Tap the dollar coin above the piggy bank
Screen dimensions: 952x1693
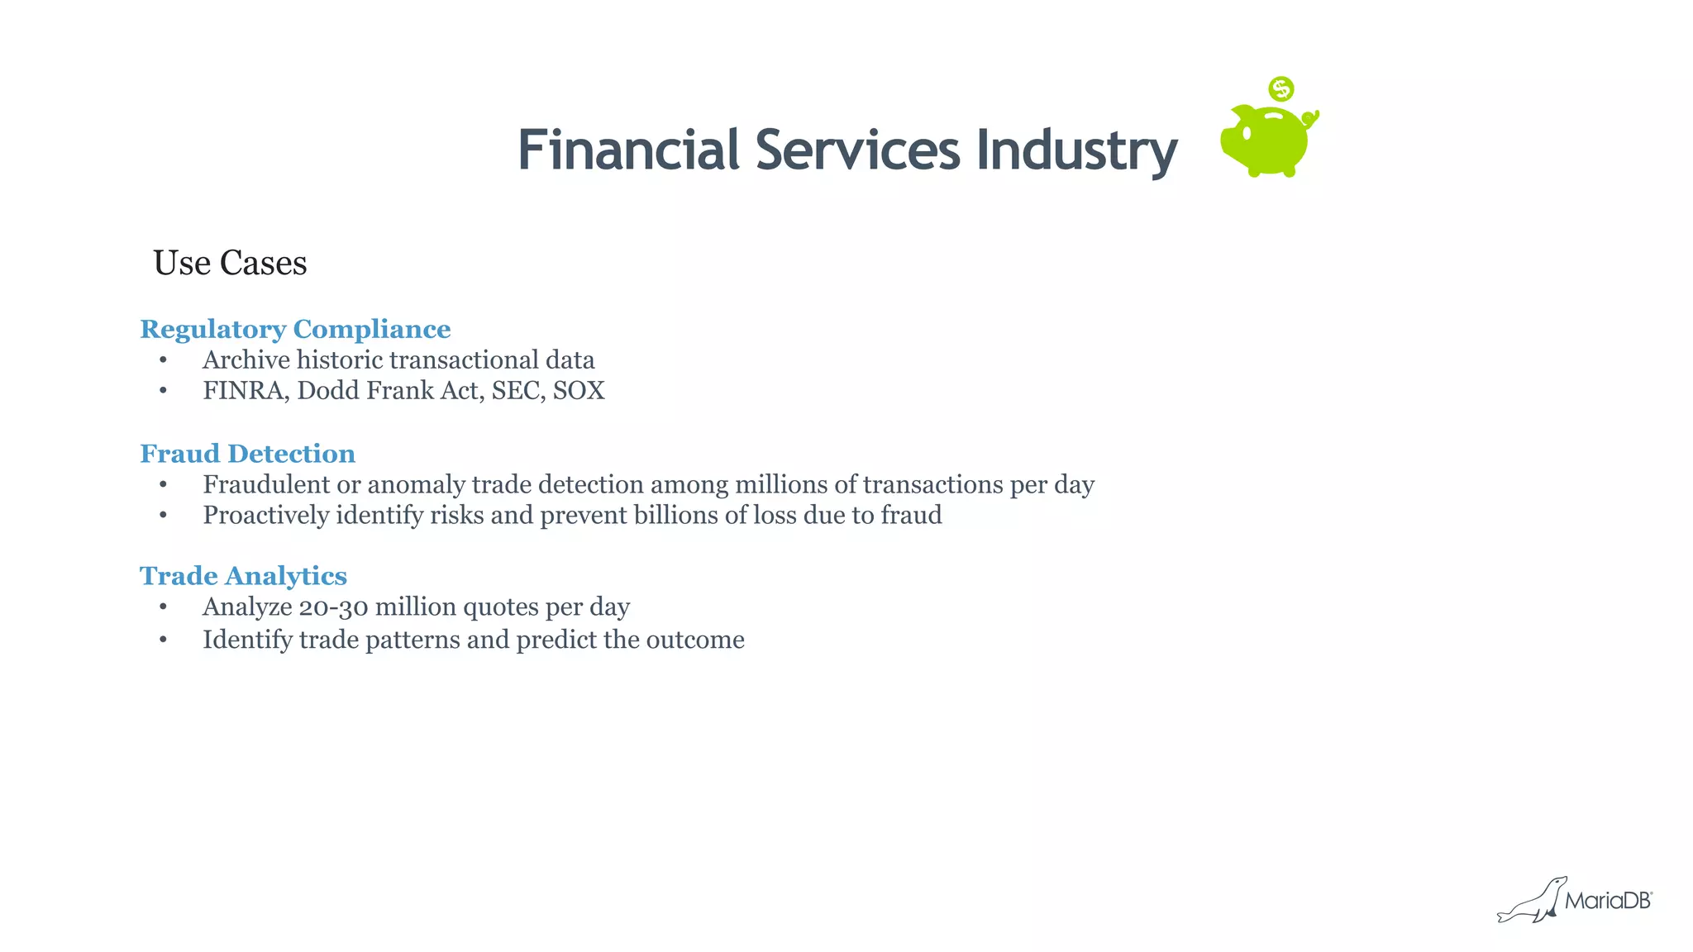[x=1281, y=88]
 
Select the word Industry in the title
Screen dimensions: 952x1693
[x=1076, y=152]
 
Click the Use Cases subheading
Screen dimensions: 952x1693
[x=230, y=263]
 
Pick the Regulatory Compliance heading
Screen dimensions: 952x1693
[x=295, y=329]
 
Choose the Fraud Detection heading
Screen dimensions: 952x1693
[x=247, y=454]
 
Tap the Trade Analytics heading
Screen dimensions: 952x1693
[x=243, y=576]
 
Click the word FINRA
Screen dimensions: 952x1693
[x=245, y=391]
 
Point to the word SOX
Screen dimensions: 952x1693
[x=579, y=391]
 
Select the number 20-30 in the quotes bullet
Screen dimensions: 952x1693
[x=333, y=607]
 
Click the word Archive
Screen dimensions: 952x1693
[x=246, y=360]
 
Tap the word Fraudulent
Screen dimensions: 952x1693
[x=266, y=484]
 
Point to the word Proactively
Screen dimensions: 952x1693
[x=266, y=516]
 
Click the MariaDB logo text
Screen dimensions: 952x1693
[x=1607, y=901]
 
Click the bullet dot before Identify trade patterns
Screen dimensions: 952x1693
[x=164, y=640]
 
